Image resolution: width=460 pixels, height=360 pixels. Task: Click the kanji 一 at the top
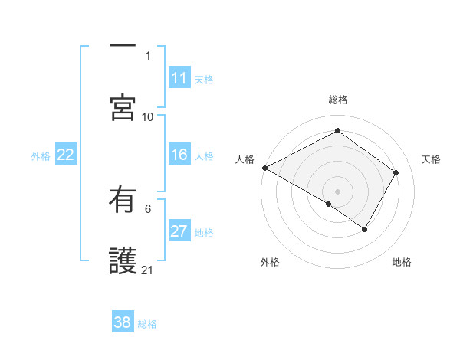[123, 45]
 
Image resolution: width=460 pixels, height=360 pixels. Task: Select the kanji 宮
[123, 107]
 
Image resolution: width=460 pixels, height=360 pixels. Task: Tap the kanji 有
[123, 201]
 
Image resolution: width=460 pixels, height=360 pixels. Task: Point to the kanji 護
[123, 260]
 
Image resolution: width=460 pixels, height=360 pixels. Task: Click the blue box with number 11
[179, 78]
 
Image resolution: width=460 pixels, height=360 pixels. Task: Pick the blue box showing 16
[179, 155]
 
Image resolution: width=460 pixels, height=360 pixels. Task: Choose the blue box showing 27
[179, 231]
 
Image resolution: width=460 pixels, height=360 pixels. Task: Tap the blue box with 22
[66, 155]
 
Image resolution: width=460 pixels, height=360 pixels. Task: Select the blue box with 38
[123, 322]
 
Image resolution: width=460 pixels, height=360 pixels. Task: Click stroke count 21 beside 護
[148, 270]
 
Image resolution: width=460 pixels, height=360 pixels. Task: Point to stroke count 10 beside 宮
[148, 116]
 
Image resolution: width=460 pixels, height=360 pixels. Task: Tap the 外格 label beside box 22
[41, 156]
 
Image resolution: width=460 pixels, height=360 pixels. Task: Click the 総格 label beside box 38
[147, 323]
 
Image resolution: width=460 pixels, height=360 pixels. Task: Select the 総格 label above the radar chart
[337, 100]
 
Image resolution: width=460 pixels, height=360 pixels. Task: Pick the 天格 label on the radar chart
[432, 159]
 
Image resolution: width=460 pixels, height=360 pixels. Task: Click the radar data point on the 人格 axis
[264, 168]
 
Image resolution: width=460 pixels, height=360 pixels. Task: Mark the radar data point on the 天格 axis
[396, 173]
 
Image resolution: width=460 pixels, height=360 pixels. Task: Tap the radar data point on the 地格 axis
[365, 229]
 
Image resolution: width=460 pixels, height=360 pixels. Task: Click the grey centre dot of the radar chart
[337, 191]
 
